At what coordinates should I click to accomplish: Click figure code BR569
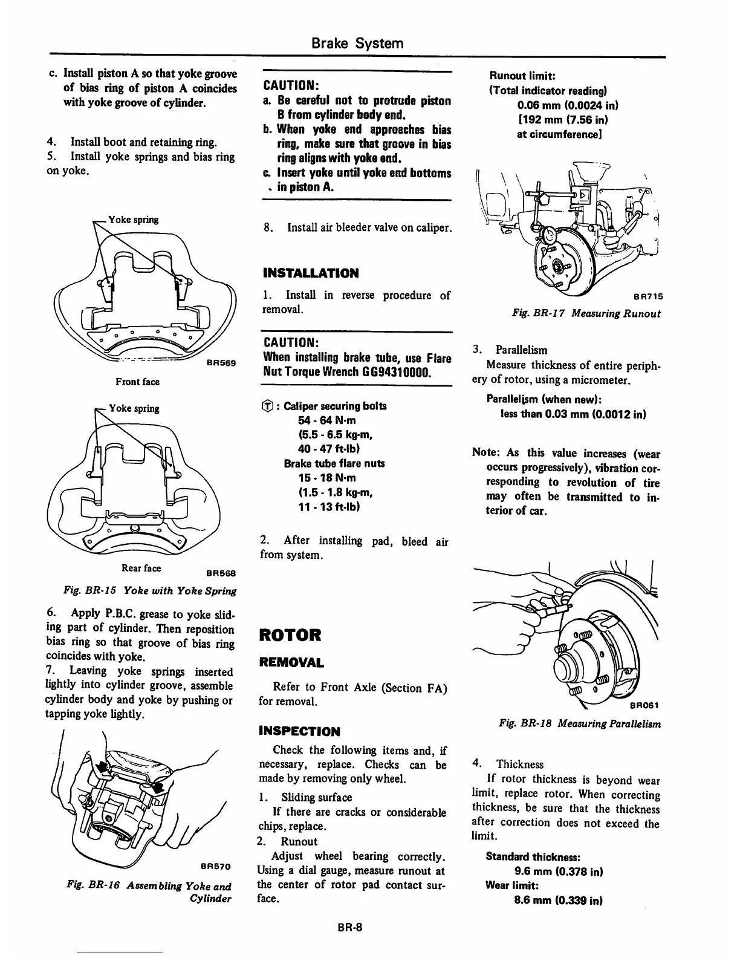[x=221, y=363]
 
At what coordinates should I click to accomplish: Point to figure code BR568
[x=221, y=573]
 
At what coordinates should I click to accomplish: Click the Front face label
[x=138, y=382]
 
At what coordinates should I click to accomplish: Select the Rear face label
[x=141, y=568]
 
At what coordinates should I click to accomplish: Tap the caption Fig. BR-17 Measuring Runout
[x=586, y=313]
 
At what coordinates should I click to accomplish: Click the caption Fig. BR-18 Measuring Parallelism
[x=579, y=723]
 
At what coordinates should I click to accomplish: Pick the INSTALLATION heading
[x=311, y=273]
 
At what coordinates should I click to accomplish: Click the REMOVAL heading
[x=291, y=662]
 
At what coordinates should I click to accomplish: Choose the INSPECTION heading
[x=299, y=731]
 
